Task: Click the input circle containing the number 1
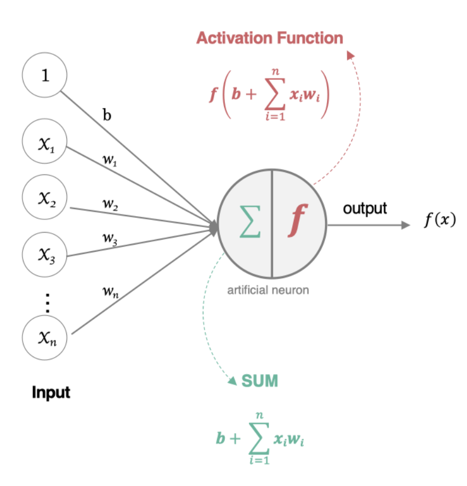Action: click(44, 75)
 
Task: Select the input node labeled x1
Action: click(44, 147)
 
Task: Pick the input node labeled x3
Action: click(44, 253)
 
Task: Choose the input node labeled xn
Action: click(44, 336)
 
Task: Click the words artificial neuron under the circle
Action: click(268, 290)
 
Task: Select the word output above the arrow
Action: click(365, 208)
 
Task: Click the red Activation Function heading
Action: click(269, 38)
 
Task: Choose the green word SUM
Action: click(260, 381)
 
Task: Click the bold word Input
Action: click(52, 393)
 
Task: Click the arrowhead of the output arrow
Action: click(406, 224)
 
